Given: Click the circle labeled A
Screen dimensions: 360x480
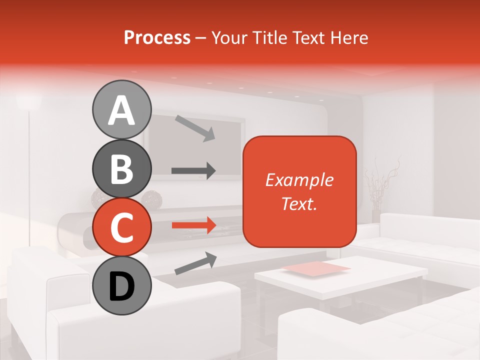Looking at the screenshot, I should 121,110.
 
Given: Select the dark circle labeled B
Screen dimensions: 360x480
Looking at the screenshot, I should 121,168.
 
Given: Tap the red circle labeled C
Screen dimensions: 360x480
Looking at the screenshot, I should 121,227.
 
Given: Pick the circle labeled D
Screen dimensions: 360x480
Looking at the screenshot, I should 121,285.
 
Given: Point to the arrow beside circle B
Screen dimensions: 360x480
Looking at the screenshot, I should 193,170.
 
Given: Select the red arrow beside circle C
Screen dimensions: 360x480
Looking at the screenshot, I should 193,225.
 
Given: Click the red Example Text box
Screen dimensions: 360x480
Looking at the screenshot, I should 299,191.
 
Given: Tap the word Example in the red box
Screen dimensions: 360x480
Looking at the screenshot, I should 299,180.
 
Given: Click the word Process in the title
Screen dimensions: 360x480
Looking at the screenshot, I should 157,37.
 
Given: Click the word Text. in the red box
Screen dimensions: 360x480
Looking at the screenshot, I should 299,203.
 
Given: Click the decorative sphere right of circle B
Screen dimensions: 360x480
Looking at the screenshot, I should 151,200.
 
